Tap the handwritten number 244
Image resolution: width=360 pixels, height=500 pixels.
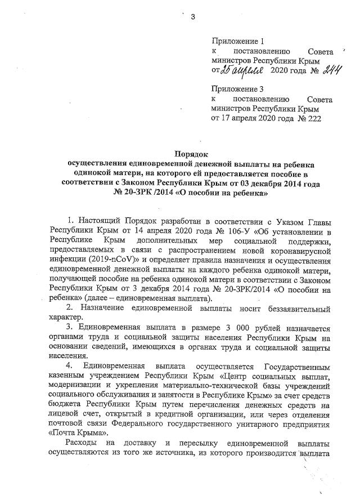[x=321, y=69]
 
